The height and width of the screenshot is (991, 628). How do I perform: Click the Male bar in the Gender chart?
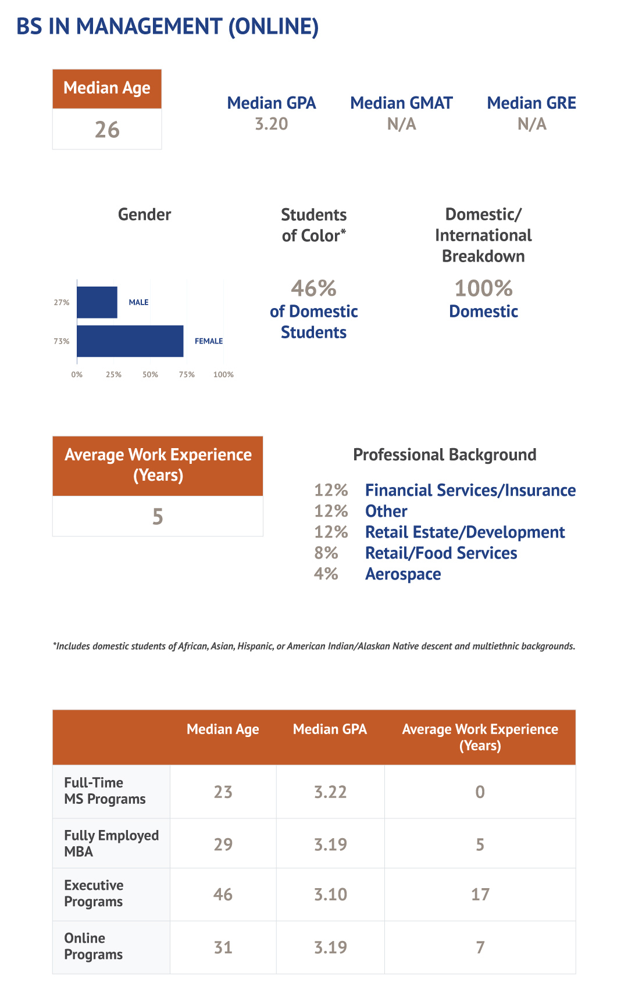97,302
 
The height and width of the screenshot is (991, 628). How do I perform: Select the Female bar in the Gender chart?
130,341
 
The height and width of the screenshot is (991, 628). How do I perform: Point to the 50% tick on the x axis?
150,375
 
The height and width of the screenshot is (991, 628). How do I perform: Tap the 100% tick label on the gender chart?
223,375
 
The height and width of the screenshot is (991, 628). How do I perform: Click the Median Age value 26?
107,130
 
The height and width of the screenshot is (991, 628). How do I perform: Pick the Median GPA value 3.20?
272,124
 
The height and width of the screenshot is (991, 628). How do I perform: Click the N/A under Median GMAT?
401,124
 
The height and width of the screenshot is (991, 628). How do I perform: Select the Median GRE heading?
531,103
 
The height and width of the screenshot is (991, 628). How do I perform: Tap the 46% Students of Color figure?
313,288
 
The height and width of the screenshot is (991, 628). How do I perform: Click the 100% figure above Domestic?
483,288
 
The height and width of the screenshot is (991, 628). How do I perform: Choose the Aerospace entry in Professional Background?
403,574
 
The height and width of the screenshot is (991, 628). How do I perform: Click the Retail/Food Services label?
441,553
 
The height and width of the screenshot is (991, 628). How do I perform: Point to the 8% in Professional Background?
326,553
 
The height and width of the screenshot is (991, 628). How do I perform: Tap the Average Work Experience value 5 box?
158,516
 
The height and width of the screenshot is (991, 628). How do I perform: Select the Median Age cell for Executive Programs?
223,894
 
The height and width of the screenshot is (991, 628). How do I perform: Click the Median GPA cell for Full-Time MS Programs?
330,792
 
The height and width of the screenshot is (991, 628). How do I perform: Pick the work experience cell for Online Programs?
480,947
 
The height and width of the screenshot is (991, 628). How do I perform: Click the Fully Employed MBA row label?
111,843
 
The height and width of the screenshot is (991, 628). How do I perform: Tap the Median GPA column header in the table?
330,729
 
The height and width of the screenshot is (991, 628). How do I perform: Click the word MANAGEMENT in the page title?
149,27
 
